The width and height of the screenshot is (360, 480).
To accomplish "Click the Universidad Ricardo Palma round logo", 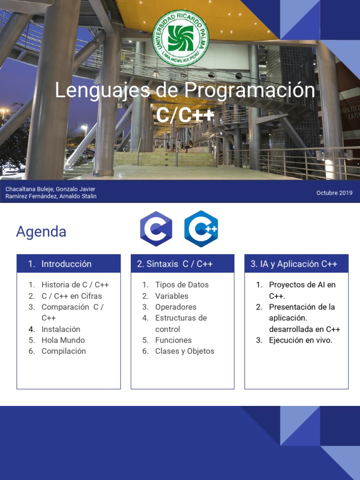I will point(180,38).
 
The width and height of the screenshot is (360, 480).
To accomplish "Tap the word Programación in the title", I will point(249,90).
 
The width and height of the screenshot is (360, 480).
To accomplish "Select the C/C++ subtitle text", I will point(185,115).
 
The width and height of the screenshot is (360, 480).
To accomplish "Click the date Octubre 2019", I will point(334,193).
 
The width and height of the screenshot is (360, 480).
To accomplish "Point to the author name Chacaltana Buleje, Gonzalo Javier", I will point(50,189).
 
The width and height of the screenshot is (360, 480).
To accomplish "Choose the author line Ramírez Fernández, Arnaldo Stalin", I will point(51,196).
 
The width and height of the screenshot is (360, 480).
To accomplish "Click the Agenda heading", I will point(41,232).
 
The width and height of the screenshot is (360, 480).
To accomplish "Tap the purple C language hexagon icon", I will point(156,229).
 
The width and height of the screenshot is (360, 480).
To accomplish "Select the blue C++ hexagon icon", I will point(201,229).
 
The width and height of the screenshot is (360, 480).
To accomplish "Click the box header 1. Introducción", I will point(66,264).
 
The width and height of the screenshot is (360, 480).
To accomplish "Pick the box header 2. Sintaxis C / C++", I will point(175,264).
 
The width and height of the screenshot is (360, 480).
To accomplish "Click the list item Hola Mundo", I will point(63,340).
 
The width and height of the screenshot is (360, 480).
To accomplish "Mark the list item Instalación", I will point(61,329).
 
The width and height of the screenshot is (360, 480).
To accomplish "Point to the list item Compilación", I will point(64,351).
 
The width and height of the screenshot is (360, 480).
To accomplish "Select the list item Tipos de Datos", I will point(182,285).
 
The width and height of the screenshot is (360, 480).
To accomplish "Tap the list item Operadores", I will point(176,307).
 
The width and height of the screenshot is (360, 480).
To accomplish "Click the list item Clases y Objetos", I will point(185,351).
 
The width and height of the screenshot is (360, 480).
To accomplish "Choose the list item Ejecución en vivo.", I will point(300,340).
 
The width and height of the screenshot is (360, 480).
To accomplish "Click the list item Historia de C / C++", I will point(75,285).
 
